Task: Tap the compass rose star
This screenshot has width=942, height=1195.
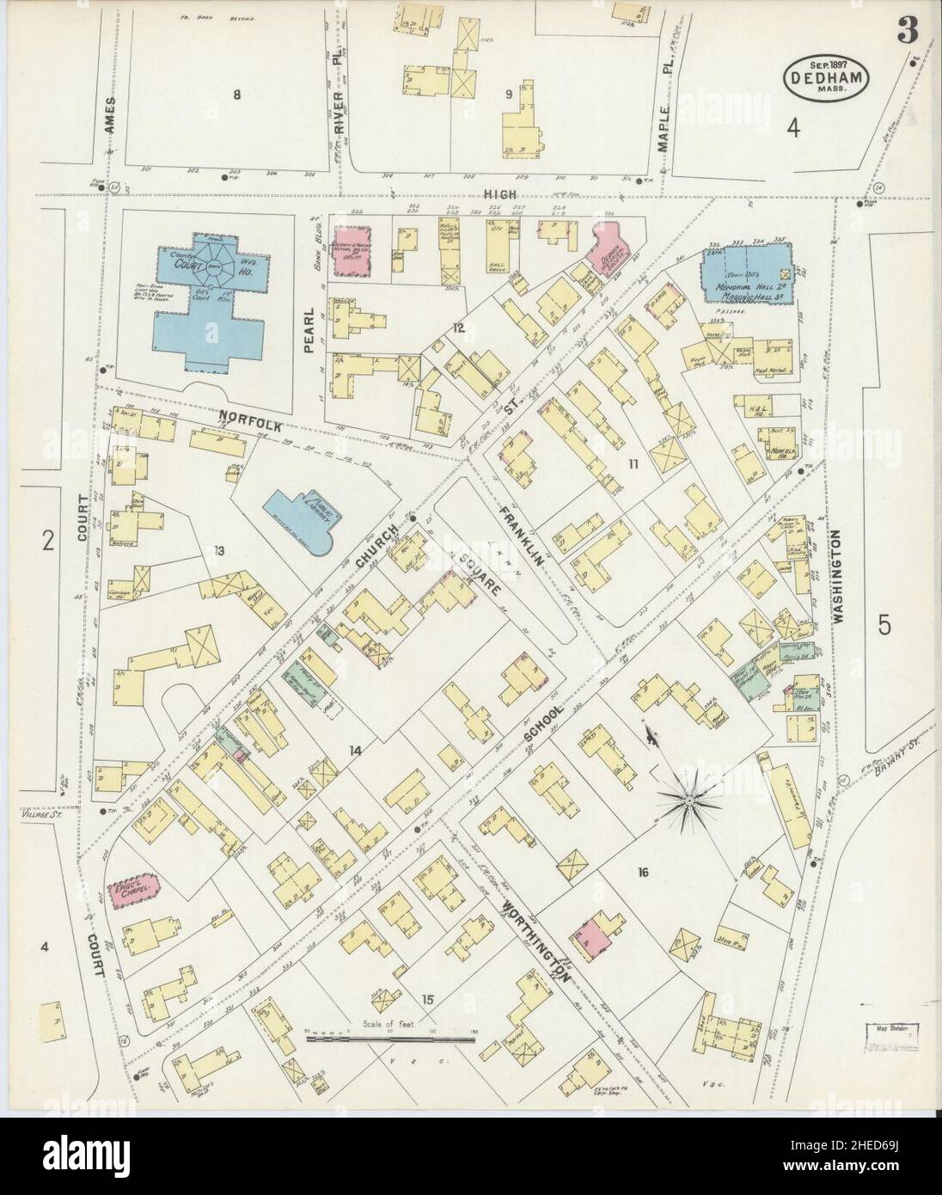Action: (688, 800)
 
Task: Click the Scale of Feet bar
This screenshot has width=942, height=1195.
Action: (391, 1039)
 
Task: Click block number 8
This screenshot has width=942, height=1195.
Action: (236, 95)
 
